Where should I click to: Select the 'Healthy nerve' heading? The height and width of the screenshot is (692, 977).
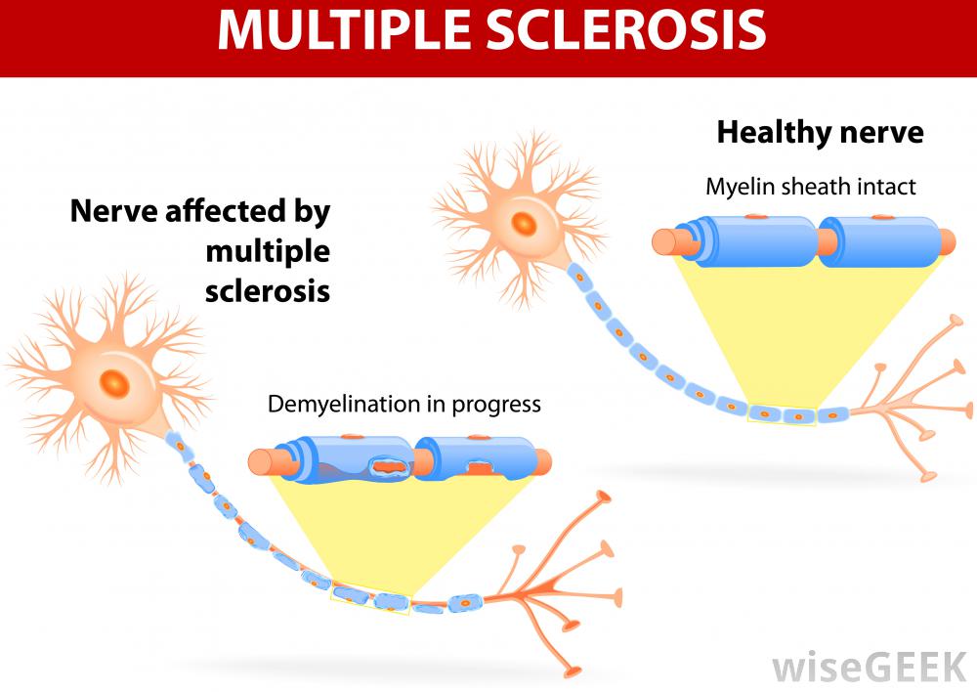820,132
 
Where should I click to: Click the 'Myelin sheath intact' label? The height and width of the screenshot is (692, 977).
811,186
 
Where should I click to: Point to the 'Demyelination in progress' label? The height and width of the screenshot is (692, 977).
404,404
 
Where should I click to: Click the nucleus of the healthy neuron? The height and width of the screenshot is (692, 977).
525,224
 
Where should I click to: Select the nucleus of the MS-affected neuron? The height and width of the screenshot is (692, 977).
115,382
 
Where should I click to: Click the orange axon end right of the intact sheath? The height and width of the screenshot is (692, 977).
947,239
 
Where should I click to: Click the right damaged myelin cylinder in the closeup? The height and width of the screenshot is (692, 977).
473,459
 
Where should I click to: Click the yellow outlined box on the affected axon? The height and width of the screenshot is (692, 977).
371,598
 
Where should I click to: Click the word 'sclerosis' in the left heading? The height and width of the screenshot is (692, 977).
267,290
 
